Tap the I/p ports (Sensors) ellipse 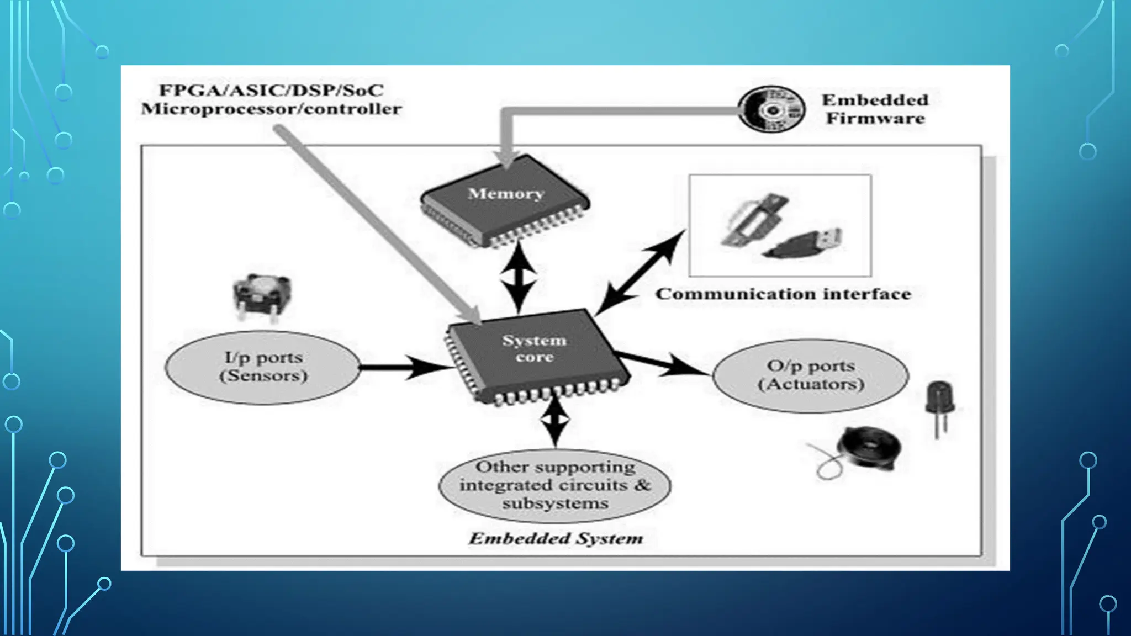[x=263, y=367]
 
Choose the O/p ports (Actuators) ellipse [x=810, y=375]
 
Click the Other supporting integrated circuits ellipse [x=554, y=485]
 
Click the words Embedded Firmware [x=875, y=109]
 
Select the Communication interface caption [x=783, y=294]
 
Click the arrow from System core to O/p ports [x=663, y=363]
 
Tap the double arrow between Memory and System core [x=518, y=278]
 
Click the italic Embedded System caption [x=556, y=539]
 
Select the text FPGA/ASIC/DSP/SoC [x=271, y=90]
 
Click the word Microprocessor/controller [x=271, y=109]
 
